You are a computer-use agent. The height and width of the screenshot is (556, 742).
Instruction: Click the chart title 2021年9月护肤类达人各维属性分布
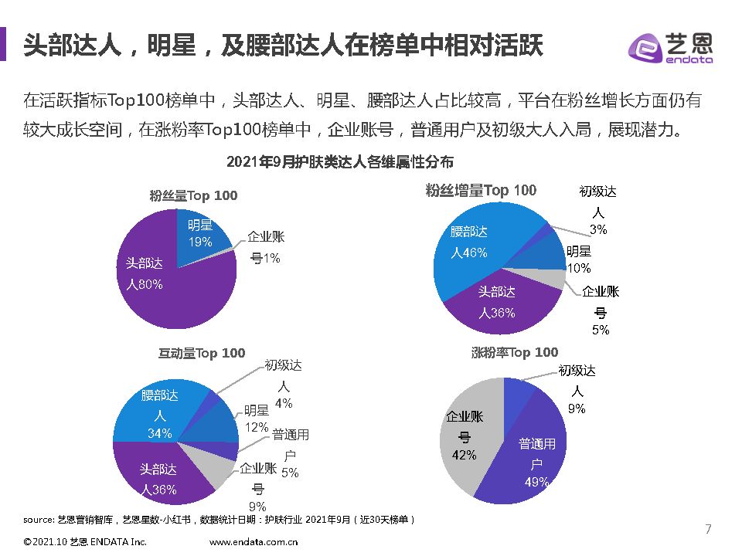(339, 162)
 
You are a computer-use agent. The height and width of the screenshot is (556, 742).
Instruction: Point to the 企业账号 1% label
(265, 247)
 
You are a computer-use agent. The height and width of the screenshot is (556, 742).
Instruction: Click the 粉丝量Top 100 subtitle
(193, 195)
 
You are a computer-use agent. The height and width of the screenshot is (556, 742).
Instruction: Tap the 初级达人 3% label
(597, 210)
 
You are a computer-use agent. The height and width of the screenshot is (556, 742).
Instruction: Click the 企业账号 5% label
(601, 310)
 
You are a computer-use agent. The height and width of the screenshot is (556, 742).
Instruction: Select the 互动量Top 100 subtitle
(202, 353)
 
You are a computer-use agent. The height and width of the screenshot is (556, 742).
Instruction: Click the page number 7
(708, 529)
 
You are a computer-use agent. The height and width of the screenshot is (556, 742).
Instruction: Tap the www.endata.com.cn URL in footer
(254, 542)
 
